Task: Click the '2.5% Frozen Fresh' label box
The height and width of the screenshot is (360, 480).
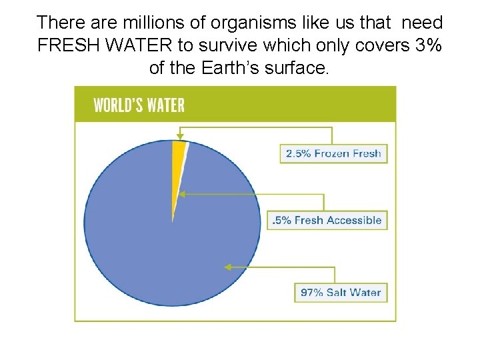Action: tap(333, 153)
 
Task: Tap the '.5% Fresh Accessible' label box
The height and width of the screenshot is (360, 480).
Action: tap(328, 220)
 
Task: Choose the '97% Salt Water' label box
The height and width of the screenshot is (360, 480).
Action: tap(341, 292)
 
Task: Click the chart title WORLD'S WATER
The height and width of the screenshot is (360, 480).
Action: tap(139, 105)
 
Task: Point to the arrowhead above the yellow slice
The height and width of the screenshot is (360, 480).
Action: tap(179, 136)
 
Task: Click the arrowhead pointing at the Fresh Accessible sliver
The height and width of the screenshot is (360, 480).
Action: tap(181, 194)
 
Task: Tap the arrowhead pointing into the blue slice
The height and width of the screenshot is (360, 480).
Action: tap(227, 267)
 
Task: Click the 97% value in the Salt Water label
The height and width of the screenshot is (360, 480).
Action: tap(313, 292)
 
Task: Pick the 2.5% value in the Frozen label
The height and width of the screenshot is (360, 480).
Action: tap(298, 153)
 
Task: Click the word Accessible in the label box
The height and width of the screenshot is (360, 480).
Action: tap(357, 220)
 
